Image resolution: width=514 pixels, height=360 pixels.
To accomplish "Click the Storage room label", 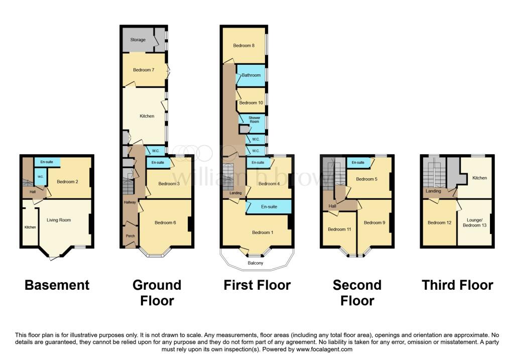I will point(138,40).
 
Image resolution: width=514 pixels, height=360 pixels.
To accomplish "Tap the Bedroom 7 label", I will point(143,70).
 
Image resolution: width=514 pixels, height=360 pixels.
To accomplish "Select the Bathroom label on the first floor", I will point(251,75).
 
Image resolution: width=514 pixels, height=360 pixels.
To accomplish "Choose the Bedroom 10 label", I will point(251,103).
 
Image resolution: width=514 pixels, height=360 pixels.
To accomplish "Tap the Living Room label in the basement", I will point(59,220).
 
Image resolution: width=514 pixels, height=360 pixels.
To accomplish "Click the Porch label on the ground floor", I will point(130,235).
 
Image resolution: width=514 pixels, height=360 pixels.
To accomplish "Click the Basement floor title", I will point(57,285).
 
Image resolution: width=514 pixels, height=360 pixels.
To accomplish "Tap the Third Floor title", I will point(457,285).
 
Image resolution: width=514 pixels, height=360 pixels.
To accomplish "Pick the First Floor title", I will point(257,285).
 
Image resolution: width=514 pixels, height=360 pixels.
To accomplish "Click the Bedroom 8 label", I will point(243,46).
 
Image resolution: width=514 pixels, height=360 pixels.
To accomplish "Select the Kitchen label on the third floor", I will point(479,178).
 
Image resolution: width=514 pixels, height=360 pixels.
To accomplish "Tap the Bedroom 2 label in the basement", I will point(67,182).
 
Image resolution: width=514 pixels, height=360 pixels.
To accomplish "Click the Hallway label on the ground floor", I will point(130,202).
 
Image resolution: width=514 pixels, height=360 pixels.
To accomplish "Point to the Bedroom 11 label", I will point(339,229).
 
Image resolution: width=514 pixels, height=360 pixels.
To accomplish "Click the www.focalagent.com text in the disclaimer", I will point(324,349).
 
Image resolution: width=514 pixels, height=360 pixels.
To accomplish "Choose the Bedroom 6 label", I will point(165,222).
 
